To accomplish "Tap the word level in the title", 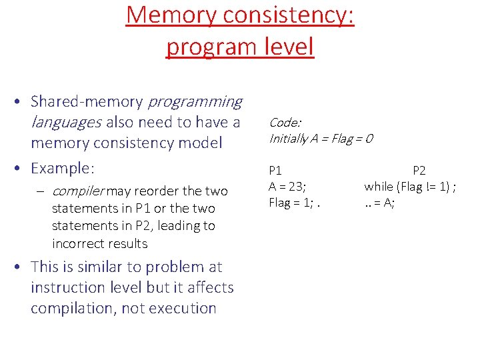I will click(286, 47).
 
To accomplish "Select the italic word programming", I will click(195, 102).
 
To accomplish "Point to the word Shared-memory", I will click(87, 102).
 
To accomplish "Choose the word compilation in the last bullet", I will click(73, 308).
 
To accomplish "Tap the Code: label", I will click(285, 122).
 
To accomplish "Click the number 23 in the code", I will click(295, 186).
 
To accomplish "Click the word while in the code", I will click(380, 186).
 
